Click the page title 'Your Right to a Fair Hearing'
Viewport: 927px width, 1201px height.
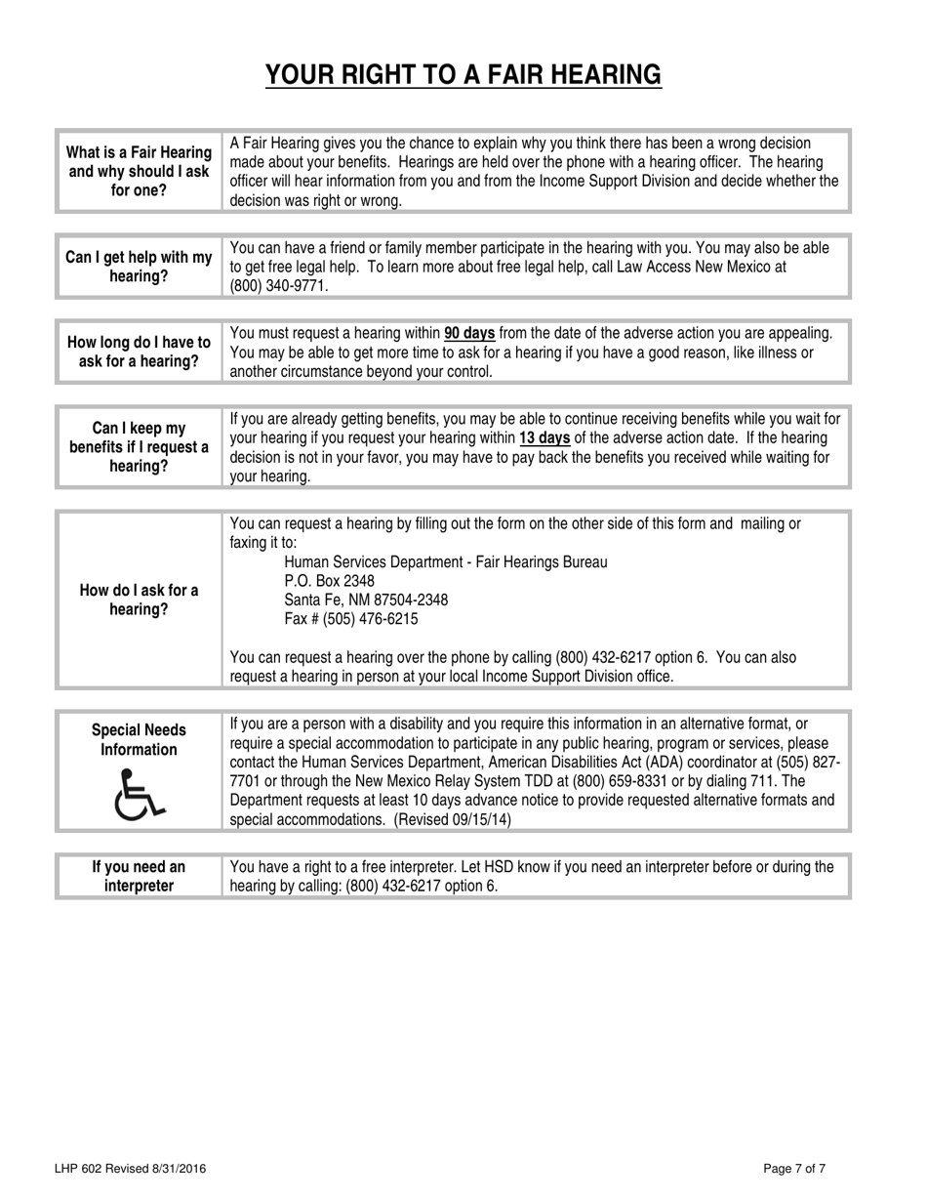click(x=463, y=74)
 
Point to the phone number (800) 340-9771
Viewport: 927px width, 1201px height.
click(x=278, y=286)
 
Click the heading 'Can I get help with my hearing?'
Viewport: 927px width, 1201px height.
click(x=139, y=267)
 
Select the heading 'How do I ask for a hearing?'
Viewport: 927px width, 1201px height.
click(x=139, y=600)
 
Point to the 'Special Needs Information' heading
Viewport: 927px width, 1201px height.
click(x=139, y=740)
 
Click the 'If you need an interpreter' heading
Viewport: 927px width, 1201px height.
click(x=139, y=876)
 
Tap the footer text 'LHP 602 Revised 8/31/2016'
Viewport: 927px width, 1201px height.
click(x=130, y=1169)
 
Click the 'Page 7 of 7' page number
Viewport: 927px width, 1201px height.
click(x=795, y=1169)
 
